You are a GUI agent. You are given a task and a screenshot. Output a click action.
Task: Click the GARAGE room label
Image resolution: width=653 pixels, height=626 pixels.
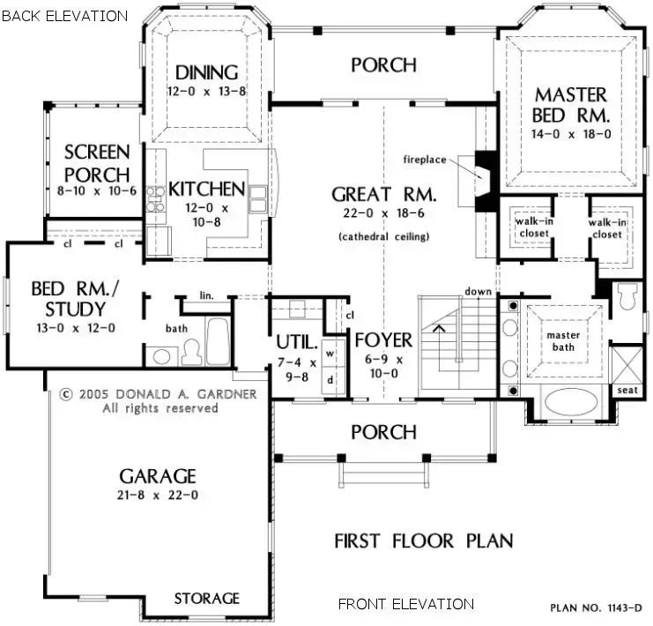[x=158, y=476]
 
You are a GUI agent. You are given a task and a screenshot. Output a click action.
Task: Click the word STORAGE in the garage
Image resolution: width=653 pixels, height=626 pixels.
[x=206, y=599]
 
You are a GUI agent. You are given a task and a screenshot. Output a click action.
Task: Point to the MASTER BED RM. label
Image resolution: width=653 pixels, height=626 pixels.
[x=571, y=105]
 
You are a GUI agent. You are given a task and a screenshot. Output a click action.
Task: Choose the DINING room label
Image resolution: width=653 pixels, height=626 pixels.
[x=206, y=72]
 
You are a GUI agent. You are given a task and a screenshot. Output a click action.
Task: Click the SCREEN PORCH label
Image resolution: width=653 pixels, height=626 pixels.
[x=97, y=163]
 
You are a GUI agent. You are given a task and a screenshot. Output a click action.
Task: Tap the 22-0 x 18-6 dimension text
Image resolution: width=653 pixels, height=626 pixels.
[x=383, y=213]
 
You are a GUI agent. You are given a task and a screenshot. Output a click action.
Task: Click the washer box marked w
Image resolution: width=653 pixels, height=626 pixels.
[x=330, y=353]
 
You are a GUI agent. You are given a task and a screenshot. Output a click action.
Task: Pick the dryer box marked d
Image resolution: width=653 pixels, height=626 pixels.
[x=330, y=380]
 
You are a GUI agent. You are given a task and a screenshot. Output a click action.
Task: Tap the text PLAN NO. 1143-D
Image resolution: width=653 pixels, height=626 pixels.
[x=597, y=607]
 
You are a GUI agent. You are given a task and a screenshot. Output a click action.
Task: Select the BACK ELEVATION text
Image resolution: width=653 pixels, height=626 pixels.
[x=64, y=15]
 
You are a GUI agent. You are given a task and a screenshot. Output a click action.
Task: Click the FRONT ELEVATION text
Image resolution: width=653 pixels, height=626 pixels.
[x=406, y=604]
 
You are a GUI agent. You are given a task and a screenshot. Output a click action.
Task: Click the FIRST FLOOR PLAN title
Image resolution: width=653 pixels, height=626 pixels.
[x=423, y=540]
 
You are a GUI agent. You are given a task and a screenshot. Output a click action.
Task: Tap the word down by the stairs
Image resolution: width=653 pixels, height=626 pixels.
[x=478, y=291]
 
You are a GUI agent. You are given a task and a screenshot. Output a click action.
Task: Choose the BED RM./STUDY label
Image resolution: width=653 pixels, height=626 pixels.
[x=68, y=299]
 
